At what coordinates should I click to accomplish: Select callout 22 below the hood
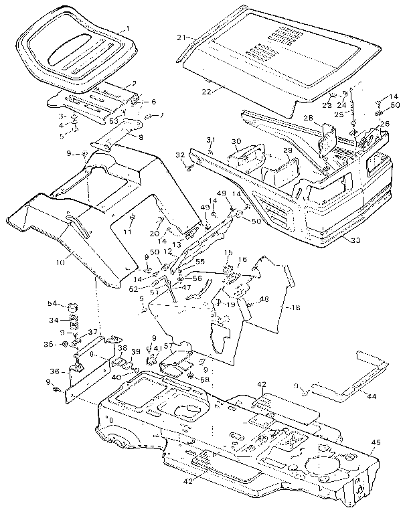(x=206, y=91)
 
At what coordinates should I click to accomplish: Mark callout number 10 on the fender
(x=61, y=263)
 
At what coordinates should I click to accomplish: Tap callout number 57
(x=170, y=345)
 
